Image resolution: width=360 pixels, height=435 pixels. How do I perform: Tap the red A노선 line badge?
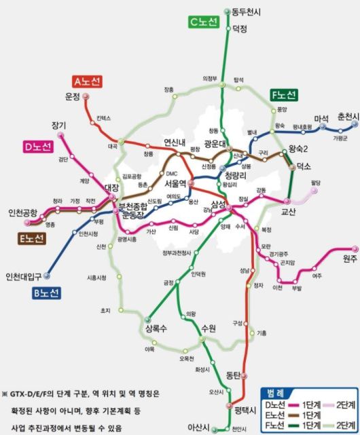click(x=88, y=81)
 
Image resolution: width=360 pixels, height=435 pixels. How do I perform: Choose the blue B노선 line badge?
click(x=46, y=293)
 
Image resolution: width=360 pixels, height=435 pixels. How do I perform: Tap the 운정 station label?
click(x=73, y=96)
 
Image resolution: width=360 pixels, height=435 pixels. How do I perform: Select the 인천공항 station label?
click(x=22, y=213)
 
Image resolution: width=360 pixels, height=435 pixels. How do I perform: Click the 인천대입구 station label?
click(x=23, y=276)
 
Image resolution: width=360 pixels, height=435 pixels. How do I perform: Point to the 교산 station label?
click(x=289, y=212)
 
